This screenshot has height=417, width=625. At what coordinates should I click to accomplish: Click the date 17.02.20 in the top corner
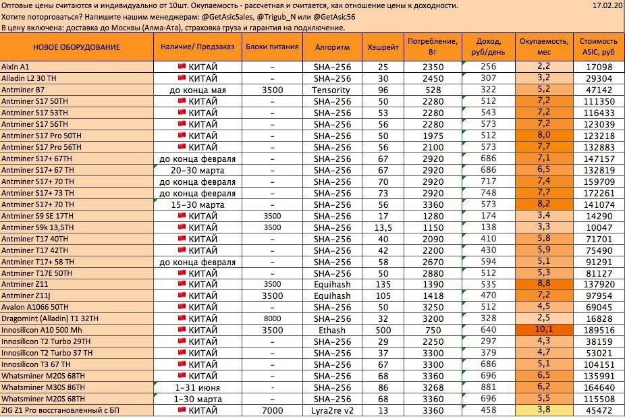tap(605, 5)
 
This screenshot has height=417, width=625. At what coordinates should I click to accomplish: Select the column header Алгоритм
tap(333, 47)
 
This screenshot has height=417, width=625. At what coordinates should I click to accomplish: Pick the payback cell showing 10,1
tap(544, 331)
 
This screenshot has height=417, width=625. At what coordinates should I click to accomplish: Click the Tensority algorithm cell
tap(333, 90)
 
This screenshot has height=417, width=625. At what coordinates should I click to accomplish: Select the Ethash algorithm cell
tap(333, 331)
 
